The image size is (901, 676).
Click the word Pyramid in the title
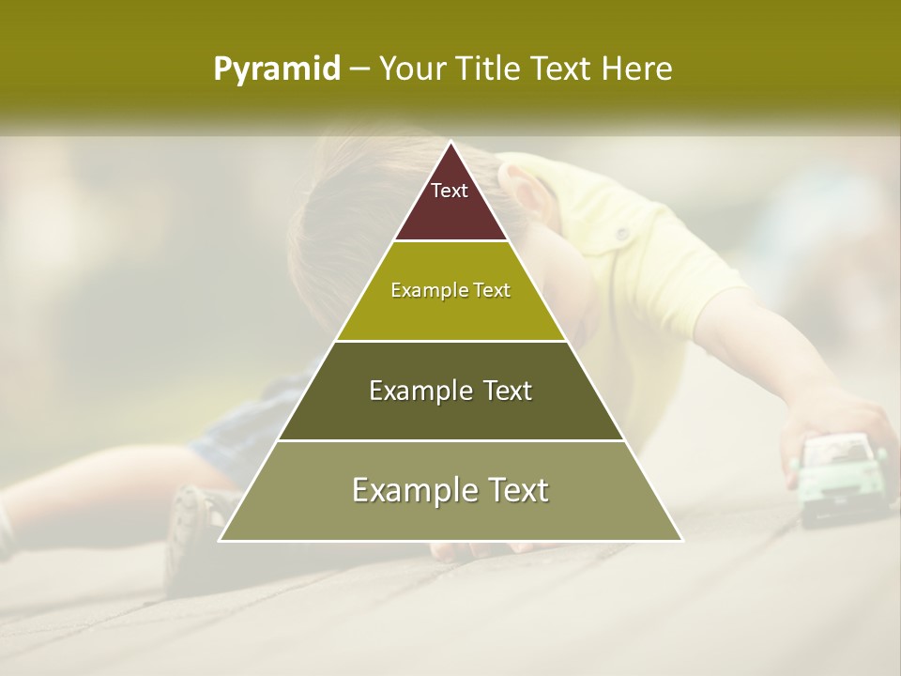point(277,69)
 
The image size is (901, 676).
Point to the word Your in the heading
point(411,69)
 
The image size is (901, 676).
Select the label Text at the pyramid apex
point(450,191)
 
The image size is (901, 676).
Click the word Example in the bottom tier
point(408,490)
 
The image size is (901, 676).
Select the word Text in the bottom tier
point(514,490)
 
